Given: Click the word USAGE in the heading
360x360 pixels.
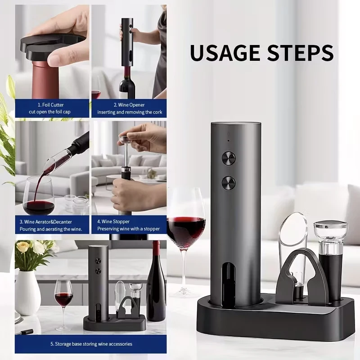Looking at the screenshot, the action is pos(225,53).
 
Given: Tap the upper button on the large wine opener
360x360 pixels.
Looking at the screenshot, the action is pos(229,158).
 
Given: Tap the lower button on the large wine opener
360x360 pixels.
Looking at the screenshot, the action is pos(229,183).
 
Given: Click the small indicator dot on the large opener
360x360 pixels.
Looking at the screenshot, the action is pos(229,140).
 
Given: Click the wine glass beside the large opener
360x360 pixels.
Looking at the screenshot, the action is pos(186,241).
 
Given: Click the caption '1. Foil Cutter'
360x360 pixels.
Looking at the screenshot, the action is pos(51,105).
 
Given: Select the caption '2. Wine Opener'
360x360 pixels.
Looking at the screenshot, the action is pos(129,105).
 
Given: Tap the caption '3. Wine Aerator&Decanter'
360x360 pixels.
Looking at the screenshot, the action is pos(46,222).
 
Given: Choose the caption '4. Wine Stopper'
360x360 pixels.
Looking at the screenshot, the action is pos(113,221).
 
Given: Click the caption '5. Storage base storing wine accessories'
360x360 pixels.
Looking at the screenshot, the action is pos(91,344).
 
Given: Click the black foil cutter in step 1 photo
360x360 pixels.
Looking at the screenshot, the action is pos(51,48).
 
